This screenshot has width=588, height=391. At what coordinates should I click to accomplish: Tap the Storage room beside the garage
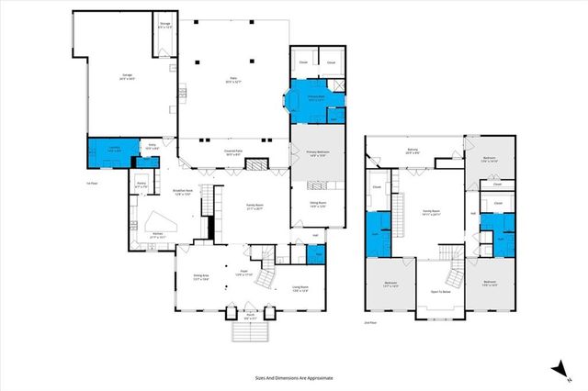tap(164, 26)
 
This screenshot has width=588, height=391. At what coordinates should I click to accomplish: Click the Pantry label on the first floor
tap(142, 185)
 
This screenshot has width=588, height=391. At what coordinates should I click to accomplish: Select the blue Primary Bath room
tap(315, 99)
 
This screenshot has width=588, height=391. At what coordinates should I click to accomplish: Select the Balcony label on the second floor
tap(413, 151)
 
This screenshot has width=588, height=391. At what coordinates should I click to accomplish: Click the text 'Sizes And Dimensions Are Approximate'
tap(294, 377)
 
